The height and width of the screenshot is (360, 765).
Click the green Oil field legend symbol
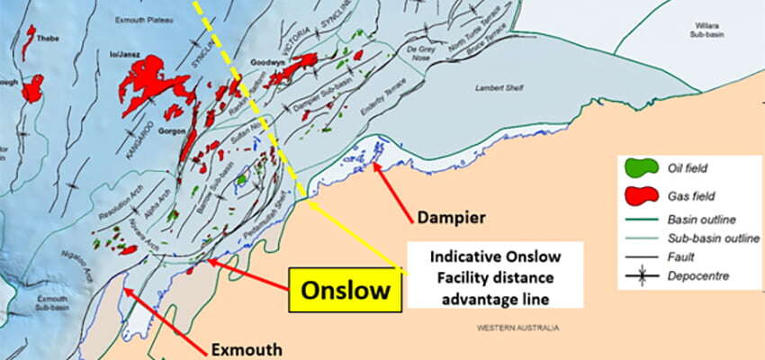pyautogui.click(x=639, y=167)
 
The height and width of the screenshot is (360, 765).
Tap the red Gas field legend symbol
pyautogui.click(x=639, y=193)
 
